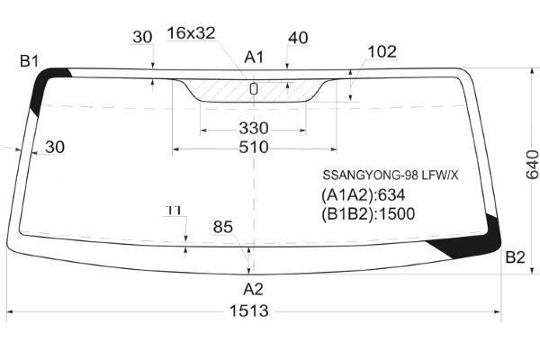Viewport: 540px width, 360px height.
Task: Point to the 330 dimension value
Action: (x=253, y=127)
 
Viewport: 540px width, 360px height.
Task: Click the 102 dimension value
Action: (x=382, y=52)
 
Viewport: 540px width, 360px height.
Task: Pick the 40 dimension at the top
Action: (x=299, y=38)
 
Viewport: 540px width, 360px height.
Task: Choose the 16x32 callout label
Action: (x=191, y=33)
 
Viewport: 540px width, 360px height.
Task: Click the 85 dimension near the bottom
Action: (x=223, y=227)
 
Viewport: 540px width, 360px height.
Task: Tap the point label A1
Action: (x=254, y=57)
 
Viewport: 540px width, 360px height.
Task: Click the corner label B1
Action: (x=30, y=60)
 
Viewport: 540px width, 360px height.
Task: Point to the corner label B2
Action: (x=514, y=258)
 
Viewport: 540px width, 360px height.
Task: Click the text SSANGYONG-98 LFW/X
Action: (x=378, y=175)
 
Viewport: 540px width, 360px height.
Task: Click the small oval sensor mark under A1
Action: (x=253, y=88)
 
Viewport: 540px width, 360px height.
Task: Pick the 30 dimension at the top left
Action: (x=142, y=38)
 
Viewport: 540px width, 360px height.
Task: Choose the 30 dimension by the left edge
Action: (x=54, y=148)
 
